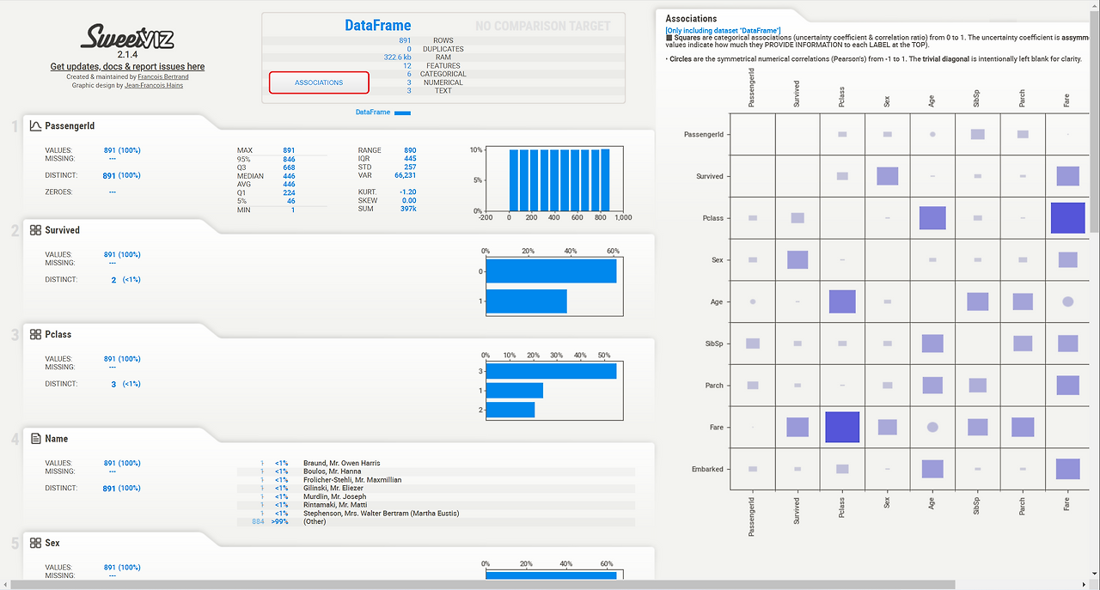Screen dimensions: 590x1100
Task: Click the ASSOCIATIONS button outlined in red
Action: point(319,82)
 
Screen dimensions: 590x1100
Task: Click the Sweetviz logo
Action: point(127,37)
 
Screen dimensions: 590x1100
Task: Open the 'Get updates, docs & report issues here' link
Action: point(127,66)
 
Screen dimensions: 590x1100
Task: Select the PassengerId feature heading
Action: point(70,126)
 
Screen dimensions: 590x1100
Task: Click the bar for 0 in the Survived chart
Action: point(551,271)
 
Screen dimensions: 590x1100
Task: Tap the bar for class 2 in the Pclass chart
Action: point(510,410)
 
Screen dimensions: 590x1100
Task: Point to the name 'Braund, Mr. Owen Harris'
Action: point(341,464)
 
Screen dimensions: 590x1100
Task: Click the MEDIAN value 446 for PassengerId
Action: point(289,176)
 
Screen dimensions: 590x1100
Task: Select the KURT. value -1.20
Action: point(407,192)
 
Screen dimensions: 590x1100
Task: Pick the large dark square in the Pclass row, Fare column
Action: point(1067,218)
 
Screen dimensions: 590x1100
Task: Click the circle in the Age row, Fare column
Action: point(1067,301)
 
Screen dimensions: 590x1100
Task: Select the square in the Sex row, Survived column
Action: point(797,259)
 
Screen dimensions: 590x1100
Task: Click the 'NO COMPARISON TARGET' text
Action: point(542,27)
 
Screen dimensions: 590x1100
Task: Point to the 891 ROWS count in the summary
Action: point(405,40)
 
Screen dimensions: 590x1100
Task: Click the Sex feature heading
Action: point(52,544)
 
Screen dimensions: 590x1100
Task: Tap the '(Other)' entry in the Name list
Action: point(315,521)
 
